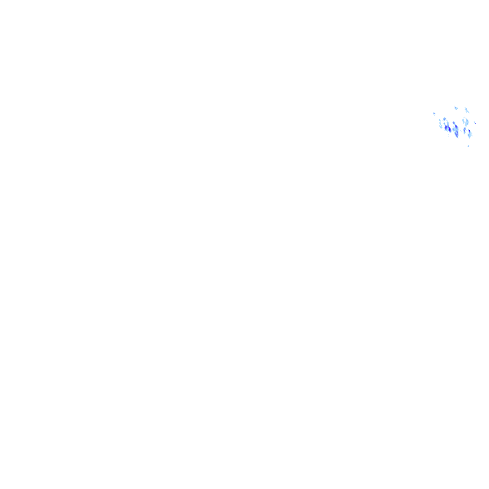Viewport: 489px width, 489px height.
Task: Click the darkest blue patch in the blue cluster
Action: point(448,129)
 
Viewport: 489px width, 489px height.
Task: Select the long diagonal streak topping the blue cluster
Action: point(467,110)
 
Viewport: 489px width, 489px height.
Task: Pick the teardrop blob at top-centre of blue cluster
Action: point(455,108)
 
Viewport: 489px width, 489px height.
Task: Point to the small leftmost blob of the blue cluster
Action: point(434,114)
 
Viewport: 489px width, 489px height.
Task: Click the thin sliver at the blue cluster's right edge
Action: point(474,122)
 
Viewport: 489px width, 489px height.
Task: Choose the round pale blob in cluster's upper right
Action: point(465,120)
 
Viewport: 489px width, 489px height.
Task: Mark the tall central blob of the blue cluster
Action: point(456,129)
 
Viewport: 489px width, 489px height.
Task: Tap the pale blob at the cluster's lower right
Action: point(470,134)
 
